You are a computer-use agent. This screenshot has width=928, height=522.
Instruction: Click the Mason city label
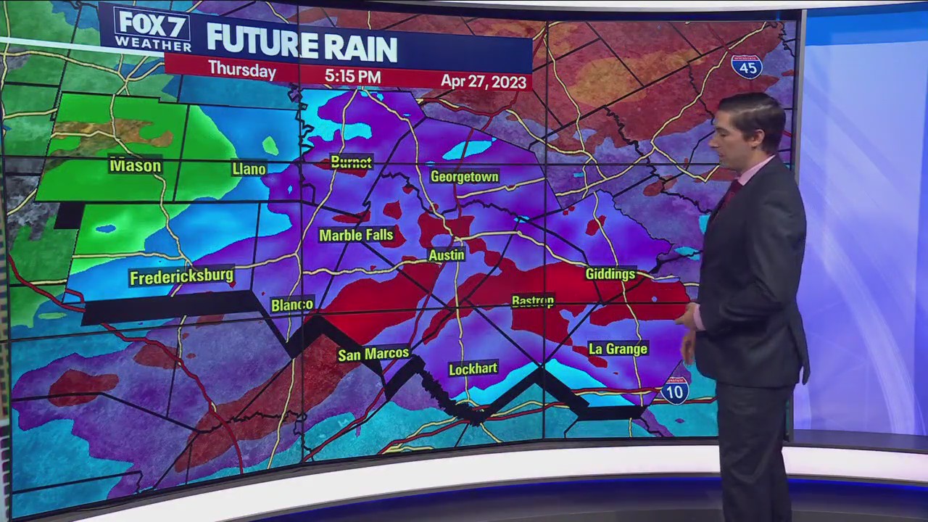[135, 166]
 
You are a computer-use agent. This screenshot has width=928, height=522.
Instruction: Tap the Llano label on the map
[249, 169]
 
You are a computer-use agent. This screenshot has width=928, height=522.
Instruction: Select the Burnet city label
[351, 162]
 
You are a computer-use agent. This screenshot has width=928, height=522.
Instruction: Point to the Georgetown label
[464, 177]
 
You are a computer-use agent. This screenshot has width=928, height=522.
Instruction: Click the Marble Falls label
[356, 235]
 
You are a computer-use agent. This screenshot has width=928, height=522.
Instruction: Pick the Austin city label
[447, 255]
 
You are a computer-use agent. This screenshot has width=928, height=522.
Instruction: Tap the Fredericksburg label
[181, 276]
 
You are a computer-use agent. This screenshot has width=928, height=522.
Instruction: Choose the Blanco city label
[292, 305]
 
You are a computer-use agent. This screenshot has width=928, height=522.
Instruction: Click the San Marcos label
[373, 355]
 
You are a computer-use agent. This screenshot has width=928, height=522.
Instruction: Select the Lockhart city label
[473, 369]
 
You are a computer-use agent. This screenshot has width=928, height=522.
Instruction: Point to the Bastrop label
[533, 301]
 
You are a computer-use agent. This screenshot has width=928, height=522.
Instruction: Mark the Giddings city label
[610, 274]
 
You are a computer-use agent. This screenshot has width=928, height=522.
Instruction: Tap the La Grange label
[618, 349]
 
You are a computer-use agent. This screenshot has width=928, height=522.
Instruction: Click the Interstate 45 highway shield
[746, 66]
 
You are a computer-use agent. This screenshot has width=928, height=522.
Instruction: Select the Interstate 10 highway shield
[674, 391]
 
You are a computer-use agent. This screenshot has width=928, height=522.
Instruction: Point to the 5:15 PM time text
[352, 76]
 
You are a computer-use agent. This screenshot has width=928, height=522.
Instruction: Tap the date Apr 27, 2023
[484, 81]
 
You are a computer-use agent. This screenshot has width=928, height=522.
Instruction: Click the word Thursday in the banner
[241, 70]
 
